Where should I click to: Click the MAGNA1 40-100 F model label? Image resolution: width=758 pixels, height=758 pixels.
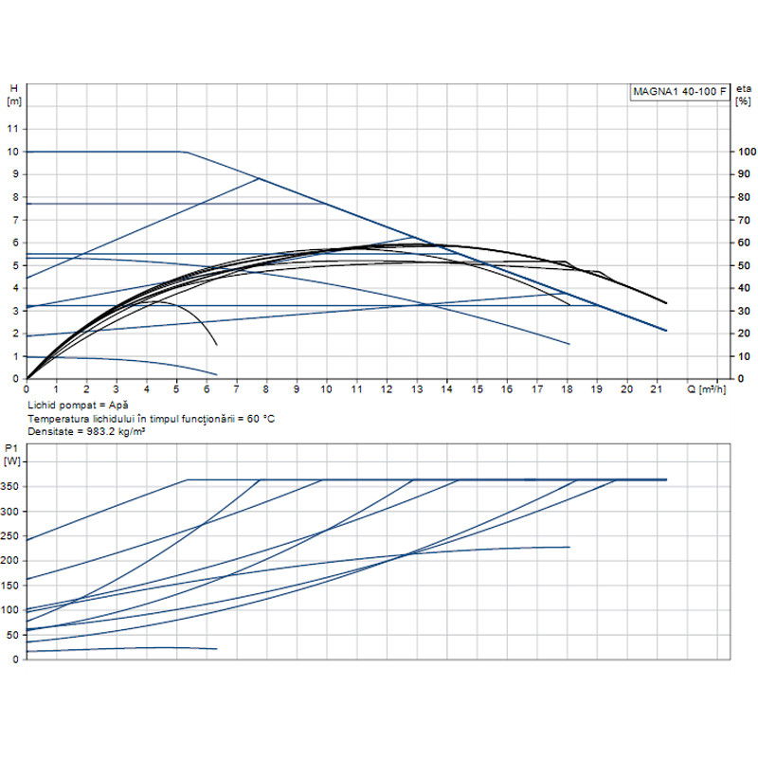[680, 92]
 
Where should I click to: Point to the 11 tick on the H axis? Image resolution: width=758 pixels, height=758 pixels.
[13, 129]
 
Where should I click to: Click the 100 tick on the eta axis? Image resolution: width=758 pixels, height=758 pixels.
[748, 152]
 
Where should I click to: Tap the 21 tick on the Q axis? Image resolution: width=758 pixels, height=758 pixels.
[657, 388]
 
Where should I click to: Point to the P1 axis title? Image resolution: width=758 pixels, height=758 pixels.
[11, 456]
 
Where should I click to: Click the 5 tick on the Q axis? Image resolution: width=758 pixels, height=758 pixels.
[176, 388]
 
